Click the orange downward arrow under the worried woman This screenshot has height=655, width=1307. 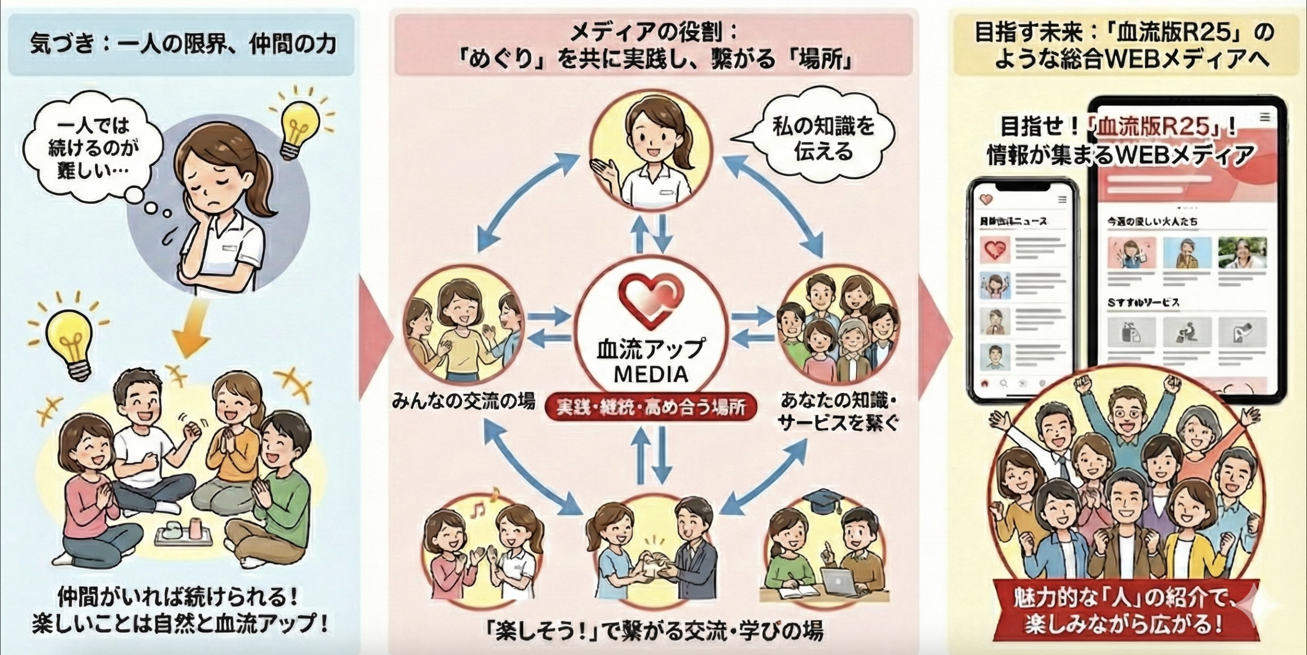192,329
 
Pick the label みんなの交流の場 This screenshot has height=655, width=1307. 463,402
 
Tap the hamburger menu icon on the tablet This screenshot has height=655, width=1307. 1265,118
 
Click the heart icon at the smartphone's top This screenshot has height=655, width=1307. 986,200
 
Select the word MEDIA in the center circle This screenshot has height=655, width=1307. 651,375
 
